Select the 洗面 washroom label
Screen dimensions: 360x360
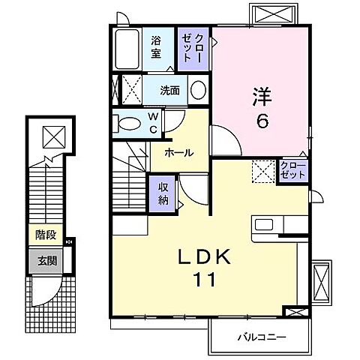pyautogui.click(x=169, y=91)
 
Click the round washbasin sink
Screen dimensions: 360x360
pyautogui.click(x=198, y=90)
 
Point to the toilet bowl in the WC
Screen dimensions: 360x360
pyautogui.click(x=129, y=122)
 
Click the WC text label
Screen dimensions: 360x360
pyautogui.click(x=152, y=121)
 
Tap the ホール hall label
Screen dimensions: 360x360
pyautogui.click(x=179, y=152)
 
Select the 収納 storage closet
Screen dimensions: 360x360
pyautogui.click(x=163, y=193)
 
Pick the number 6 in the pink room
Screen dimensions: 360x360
pyautogui.click(x=262, y=121)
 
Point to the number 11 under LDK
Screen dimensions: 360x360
pyautogui.click(x=203, y=281)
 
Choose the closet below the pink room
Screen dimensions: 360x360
pyautogui.click(x=293, y=169)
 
